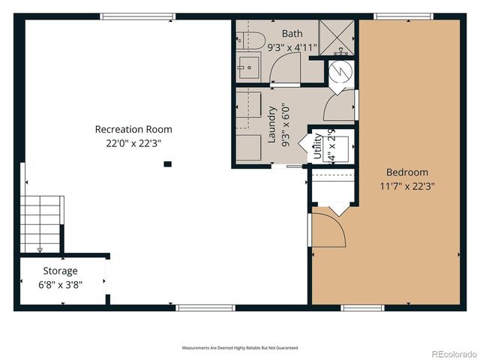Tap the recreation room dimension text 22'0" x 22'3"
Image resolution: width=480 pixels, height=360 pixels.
133,142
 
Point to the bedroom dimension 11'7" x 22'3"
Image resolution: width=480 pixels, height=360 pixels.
408,185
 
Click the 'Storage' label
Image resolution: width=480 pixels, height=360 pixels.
60,271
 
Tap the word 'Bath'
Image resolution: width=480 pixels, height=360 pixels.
292,34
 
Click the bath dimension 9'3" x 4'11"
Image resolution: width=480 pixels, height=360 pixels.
292,47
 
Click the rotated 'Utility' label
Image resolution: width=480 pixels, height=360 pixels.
317,143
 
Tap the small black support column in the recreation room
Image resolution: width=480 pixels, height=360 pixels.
168,163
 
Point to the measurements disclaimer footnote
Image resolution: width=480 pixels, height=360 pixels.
240,348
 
